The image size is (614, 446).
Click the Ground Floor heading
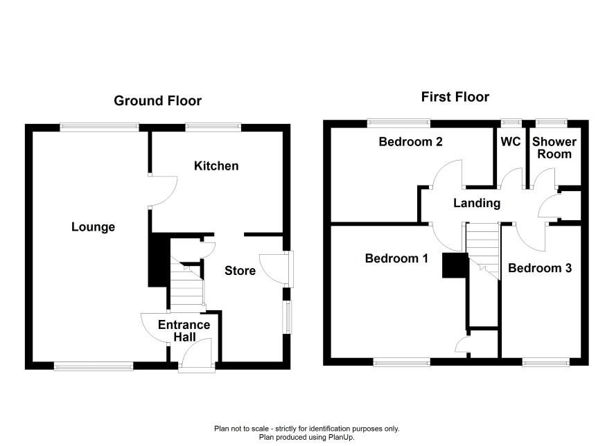pyautogui.click(x=157, y=100)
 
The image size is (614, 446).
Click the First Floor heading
pyautogui.click(x=455, y=97)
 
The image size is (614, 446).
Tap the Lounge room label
pyautogui.click(x=93, y=227)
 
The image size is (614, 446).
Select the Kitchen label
pyautogui.click(x=216, y=166)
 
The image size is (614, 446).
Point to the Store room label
pyautogui.click(x=240, y=271)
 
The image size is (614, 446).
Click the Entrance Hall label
pyautogui.click(x=184, y=330)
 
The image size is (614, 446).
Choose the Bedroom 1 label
pyautogui.click(x=396, y=258)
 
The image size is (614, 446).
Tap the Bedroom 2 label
pyautogui.click(x=410, y=141)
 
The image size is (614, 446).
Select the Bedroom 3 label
pyautogui.click(x=540, y=268)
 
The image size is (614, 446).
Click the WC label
pyautogui.click(x=511, y=141)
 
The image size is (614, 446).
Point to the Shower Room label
pyautogui.click(x=554, y=148)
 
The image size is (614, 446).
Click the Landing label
pyautogui.click(x=477, y=203)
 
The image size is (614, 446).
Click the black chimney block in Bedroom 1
pyautogui.click(x=455, y=265)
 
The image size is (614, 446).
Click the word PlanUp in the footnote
pyautogui.click(x=341, y=438)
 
